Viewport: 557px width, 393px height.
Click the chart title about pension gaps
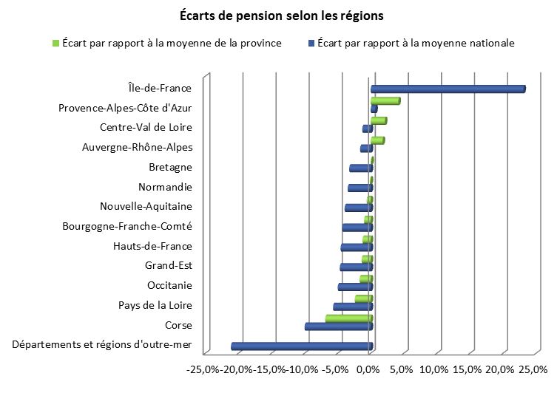point(282,15)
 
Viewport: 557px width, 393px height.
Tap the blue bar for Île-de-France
point(448,89)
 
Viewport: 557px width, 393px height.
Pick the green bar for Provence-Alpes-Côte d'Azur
point(385,100)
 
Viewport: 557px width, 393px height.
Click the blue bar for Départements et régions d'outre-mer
point(302,346)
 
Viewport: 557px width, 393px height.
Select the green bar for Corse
point(348,318)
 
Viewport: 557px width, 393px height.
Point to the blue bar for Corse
point(338,327)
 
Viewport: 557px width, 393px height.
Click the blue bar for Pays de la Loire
point(352,307)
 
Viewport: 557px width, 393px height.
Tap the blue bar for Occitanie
point(355,287)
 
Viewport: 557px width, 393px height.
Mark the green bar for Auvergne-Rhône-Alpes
point(377,140)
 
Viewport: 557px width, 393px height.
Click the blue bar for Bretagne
point(360,168)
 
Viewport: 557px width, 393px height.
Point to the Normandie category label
point(166,187)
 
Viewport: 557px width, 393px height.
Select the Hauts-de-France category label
point(152,246)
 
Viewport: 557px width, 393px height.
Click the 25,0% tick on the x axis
point(533,369)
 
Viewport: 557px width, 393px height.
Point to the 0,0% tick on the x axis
point(369,369)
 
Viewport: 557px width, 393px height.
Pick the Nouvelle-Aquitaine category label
point(146,206)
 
